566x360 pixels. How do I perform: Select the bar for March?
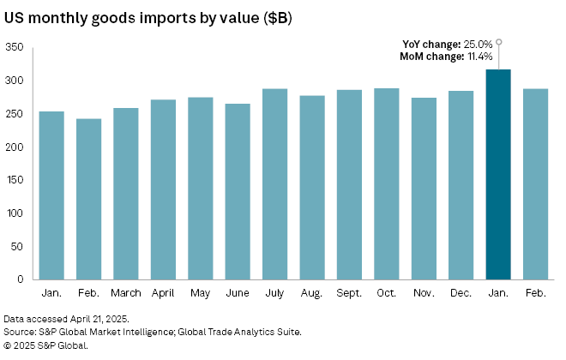point(125,194)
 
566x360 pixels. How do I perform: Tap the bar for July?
point(274,184)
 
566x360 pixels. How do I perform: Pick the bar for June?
point(238,191)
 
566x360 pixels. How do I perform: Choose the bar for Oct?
point(386,183)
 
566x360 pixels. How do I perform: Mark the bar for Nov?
point(424,189)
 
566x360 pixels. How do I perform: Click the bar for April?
point(163,189)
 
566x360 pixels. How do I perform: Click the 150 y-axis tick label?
point(14,180)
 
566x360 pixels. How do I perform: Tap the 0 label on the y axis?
point(20,279)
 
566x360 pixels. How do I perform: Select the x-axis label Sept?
point(349,294)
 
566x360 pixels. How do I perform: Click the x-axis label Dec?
point(461,294)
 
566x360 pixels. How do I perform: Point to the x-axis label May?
point(200,294)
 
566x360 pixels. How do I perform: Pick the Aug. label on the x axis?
point(311,294)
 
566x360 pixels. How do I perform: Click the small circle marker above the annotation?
point(498,41)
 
